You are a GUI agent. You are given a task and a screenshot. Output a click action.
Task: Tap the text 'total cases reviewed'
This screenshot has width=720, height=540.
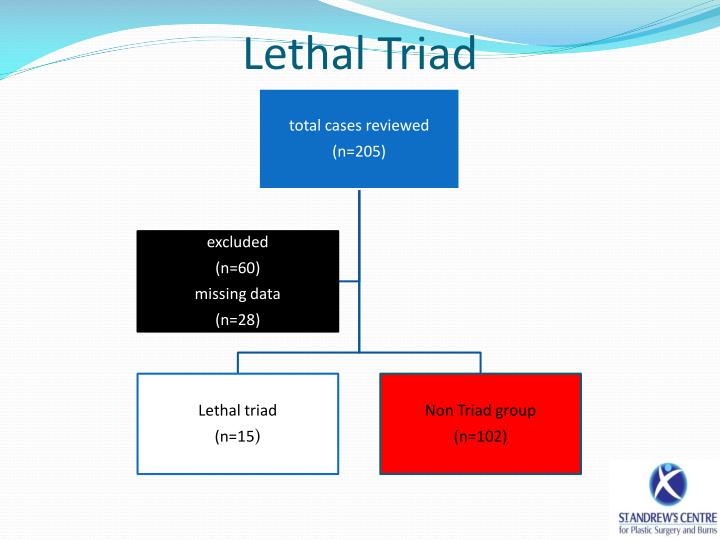[359, 126]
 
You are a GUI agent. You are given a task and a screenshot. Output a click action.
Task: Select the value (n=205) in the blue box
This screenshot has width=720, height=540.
[359, 152]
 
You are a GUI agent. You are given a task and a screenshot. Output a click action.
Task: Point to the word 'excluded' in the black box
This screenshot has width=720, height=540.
[237, 242]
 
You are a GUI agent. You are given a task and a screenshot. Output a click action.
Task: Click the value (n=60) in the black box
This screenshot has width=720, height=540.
[237, 268]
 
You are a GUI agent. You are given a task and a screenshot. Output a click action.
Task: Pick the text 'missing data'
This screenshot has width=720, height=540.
[237, 294]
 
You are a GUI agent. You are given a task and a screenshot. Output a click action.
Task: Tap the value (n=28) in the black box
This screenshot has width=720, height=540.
[237, 320]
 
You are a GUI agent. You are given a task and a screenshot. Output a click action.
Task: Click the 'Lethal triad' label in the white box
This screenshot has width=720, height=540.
[237, 410]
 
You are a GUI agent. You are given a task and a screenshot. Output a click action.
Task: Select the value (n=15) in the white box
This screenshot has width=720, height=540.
[237, 436]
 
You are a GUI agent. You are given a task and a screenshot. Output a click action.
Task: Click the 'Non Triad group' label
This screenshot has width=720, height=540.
[480, 410]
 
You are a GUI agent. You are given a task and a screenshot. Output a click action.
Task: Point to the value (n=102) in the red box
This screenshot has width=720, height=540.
[480, 436]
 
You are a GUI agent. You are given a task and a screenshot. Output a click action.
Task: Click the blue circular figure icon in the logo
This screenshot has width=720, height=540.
[667, 485]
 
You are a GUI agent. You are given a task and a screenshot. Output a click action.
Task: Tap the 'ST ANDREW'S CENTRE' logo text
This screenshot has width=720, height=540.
[666, 517]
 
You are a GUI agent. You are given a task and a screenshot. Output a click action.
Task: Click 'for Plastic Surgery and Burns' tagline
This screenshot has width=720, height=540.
[666, 530]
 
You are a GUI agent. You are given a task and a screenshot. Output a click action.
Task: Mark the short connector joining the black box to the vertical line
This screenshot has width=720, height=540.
[349, 281]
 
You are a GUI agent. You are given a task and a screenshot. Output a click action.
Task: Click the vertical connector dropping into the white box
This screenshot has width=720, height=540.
[237, 362]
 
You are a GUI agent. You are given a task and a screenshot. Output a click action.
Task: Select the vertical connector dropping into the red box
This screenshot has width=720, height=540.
[480, 362]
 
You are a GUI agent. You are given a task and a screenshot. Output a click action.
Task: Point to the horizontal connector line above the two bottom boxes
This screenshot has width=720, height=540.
[300, 352]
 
